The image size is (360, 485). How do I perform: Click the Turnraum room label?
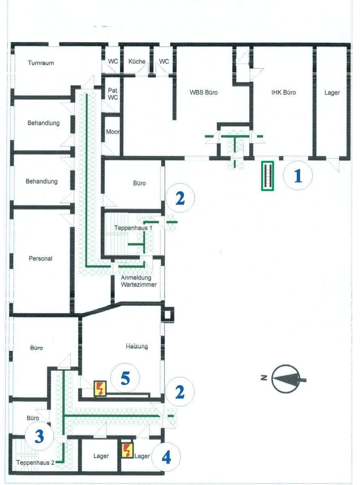pyautogui.click(x=41, y=63)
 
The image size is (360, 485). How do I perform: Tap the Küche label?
pyautogui.click(x=137, y=61)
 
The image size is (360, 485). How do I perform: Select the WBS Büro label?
pyautogui.click(x=204, y=92)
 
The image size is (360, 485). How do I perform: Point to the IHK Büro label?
pyautogui.click(x=284, y=92)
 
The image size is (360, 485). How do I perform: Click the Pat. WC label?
pyautogui.click(x=113, y=94)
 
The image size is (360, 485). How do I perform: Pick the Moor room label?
pyautogui.click(x=113, y=132)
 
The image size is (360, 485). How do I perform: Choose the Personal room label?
pyautogui.click(x=40, y=258)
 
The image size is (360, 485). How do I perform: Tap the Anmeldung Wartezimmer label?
pyautogui.click(x=139, y=281)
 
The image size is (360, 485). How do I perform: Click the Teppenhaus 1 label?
pyautogui.click(x=133, y=228)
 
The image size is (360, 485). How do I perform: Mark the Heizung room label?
pyautogui.click(x=137, y=346)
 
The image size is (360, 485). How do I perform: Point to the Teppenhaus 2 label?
pyautogui.click(x=35, y=462)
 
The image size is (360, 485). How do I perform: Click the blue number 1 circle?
pyautogui.click(x=298, y=176)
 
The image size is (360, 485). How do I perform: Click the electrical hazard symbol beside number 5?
pyautogui.click(x=100, y=388)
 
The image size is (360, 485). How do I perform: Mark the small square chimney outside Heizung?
pyautogui.click(x=168, y=315)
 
